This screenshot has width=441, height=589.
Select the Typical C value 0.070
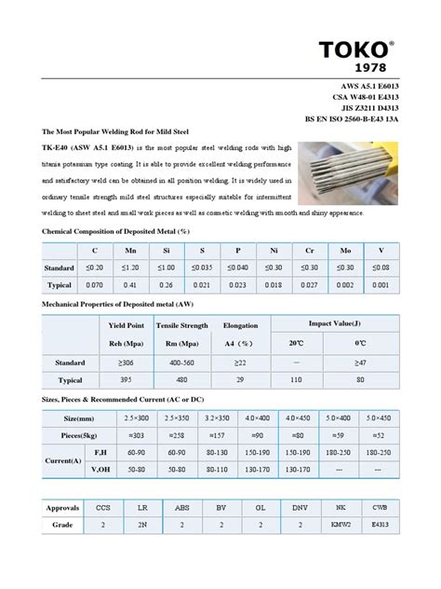coord(94,284)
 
